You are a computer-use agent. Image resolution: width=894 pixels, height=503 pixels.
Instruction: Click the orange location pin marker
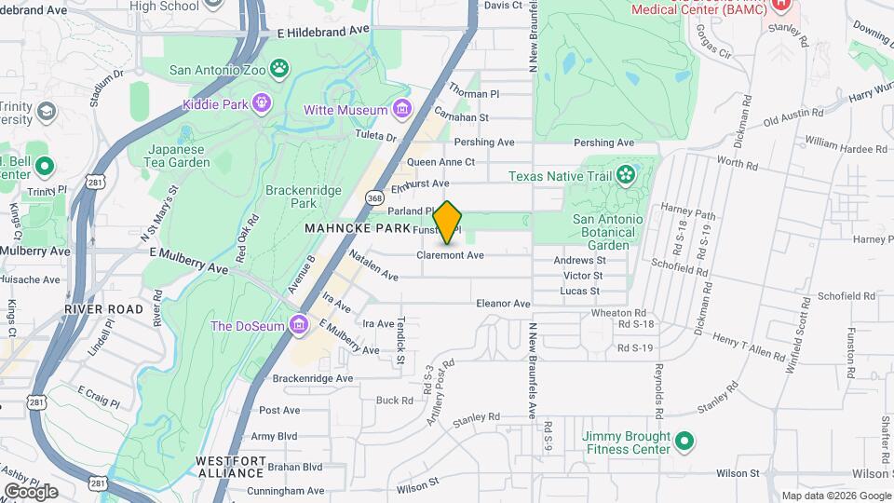[448, 222]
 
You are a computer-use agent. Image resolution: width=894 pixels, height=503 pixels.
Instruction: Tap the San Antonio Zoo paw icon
[278, 68]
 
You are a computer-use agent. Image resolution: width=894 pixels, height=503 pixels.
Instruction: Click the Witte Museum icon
[402, 110]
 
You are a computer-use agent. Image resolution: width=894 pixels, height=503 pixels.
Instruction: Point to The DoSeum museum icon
[299, 325]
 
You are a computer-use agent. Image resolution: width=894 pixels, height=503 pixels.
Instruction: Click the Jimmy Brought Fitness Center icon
[684, 441]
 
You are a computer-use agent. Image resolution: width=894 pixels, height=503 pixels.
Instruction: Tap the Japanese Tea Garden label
[180, 156]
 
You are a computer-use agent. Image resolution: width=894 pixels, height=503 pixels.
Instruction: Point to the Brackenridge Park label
[304, 197]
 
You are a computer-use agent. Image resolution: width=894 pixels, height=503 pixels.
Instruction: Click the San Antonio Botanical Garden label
[607, 232]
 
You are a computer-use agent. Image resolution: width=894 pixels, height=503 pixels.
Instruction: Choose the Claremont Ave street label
[450, 255]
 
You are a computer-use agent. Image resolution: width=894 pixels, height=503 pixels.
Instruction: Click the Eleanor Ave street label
[503, 304]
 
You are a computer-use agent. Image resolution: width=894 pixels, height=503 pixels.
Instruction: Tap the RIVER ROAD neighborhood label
[103, 309]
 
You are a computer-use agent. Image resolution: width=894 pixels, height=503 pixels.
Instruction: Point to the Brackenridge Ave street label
[313, 378]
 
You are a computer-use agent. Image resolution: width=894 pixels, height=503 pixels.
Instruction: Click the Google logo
[31, 492]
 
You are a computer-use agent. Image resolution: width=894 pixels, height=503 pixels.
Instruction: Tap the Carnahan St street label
[461, 117]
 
